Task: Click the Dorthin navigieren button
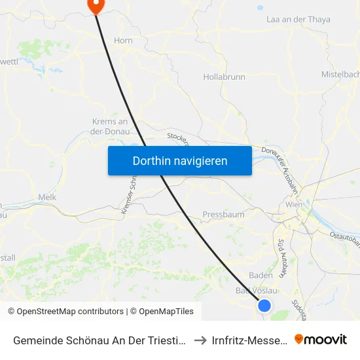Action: point(179,160)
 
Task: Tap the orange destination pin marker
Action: point(96,5)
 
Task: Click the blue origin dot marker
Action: point(264,305)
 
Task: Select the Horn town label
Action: point(123,41)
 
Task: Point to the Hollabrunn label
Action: point(224,77)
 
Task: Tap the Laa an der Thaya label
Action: point(298,20)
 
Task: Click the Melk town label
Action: point(47,197)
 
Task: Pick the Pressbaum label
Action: point(223,214)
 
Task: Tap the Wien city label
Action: point(293,205)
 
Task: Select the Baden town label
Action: point(261,276)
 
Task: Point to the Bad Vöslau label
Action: point(257,291)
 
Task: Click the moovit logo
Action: point(321,339)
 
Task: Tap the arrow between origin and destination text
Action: point(201,340)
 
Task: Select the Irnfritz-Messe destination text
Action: point(250,340)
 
